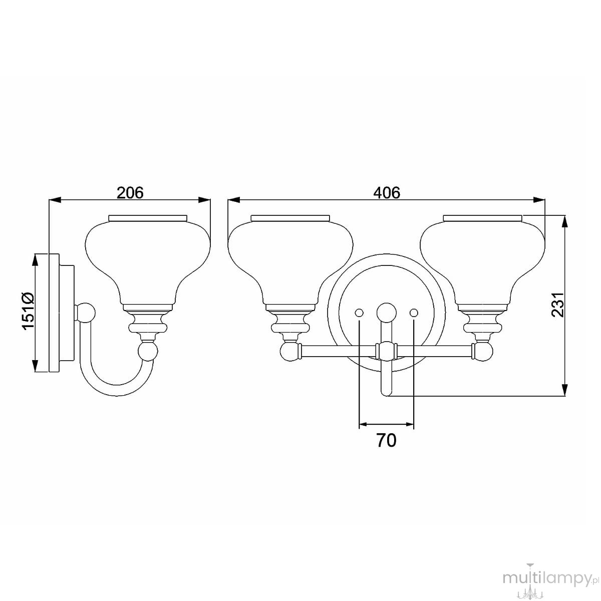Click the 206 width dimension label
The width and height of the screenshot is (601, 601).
(x=130, y=193)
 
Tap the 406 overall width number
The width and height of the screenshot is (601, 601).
(x=387, y=193)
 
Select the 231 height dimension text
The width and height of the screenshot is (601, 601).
(x=558, y=305)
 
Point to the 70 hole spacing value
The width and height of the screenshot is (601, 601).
(x=387, y=440)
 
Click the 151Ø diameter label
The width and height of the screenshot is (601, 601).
(x=28, y=311)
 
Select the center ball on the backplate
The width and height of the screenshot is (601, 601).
(x=387, y=312)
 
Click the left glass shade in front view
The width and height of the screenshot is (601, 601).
(x=290, y=260)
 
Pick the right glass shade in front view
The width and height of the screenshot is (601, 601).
(x=482, y=260)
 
